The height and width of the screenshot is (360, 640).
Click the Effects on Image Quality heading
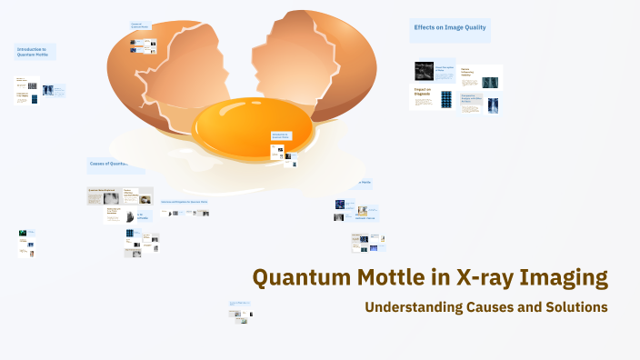[x=450, y=28]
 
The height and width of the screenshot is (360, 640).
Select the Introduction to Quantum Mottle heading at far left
[x=35, y=52]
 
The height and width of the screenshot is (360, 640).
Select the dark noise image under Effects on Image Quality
[x=424, y=71]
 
